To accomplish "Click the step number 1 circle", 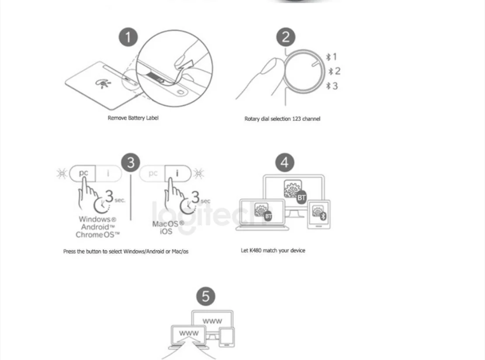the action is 128,37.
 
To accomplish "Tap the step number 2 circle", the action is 286,37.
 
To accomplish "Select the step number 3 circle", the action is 131,163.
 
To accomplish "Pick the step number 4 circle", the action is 285,163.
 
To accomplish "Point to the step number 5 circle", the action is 206,297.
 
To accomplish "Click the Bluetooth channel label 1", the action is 332,56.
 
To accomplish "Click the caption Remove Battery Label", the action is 133,118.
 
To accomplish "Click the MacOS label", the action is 165,224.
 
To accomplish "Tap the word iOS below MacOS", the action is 166,232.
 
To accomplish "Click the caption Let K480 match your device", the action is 273,251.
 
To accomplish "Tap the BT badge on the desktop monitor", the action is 301,198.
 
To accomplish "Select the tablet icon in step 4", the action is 320,214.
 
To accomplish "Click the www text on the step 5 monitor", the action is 212,322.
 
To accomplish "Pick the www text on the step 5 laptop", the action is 189,334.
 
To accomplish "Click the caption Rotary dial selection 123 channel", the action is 282,119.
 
